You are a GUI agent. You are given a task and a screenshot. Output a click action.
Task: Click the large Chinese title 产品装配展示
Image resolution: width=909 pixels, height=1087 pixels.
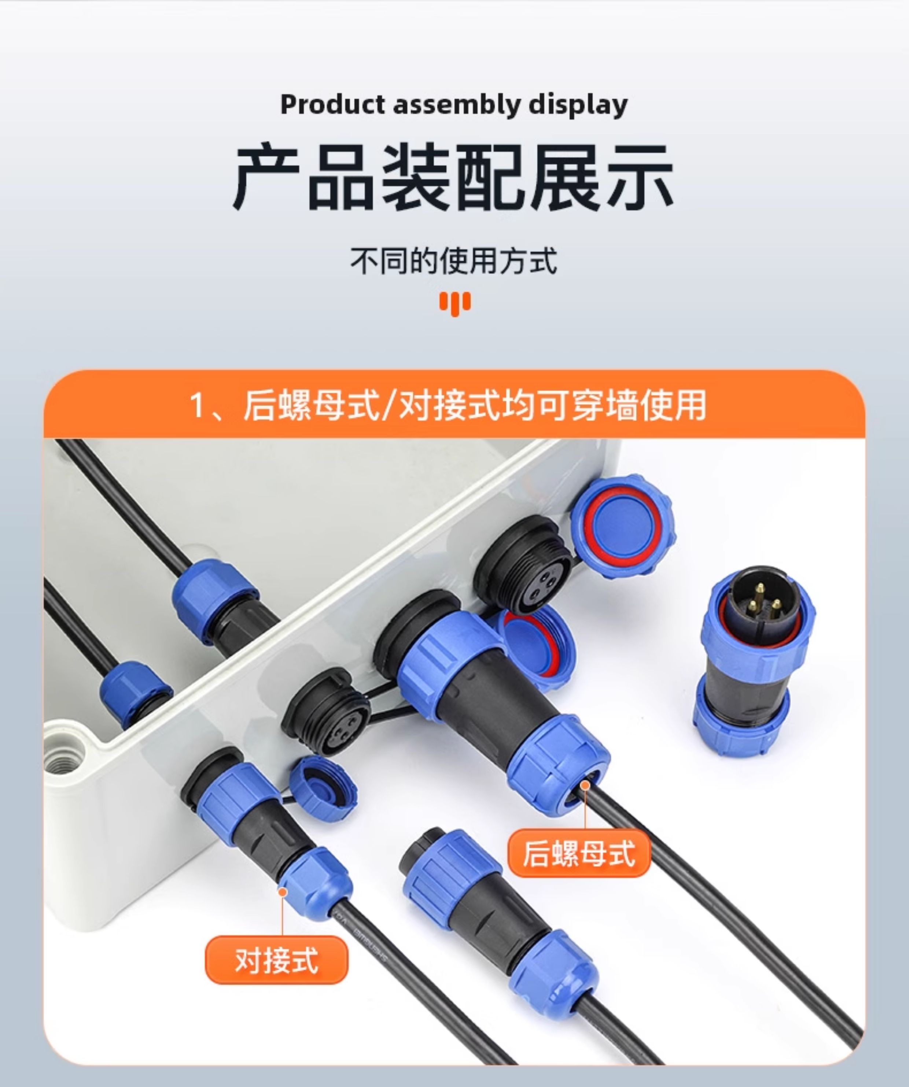[x=454, y=177]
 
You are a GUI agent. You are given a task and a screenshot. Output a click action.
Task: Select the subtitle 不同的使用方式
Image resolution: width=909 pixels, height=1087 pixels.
[x=454, y=260]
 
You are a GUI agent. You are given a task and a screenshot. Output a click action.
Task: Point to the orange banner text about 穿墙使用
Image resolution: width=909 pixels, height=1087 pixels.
[x=449, y=405]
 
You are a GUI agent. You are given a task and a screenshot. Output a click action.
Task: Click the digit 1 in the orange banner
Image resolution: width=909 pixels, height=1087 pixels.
[x=197, y=406]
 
